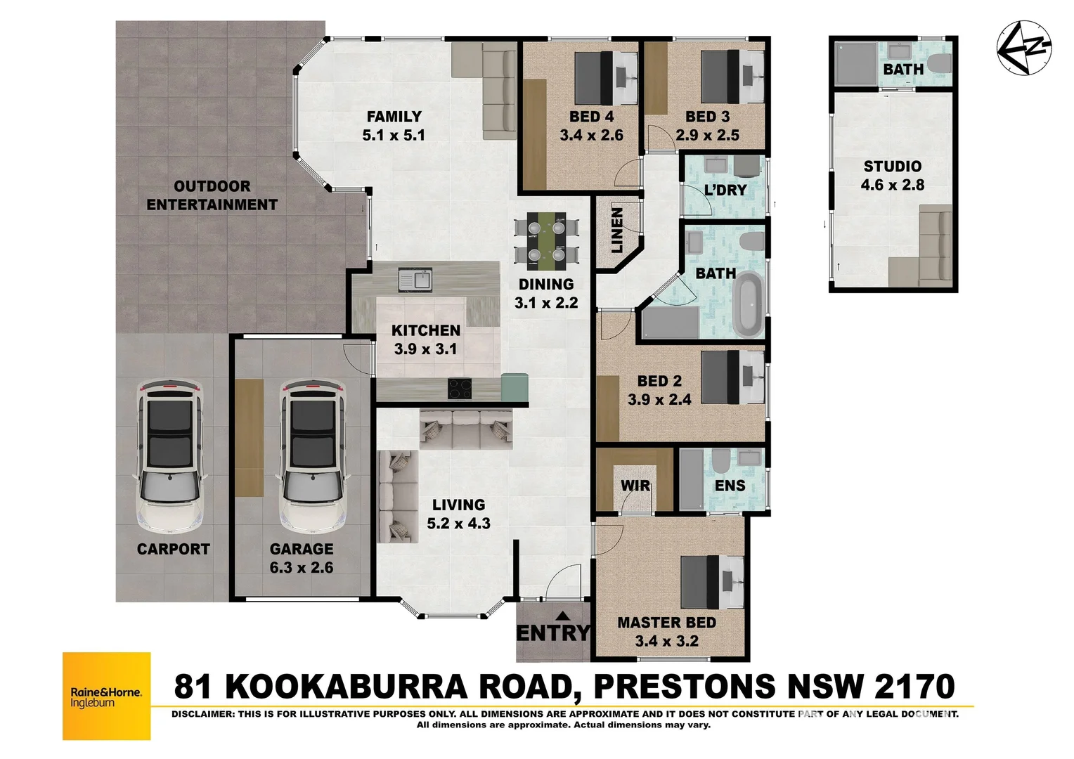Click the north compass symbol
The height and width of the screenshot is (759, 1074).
(x=1024, y=46)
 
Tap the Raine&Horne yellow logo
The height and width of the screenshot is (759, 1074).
(x=107, y=696)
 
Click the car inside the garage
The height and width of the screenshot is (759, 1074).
(x=313, y=457)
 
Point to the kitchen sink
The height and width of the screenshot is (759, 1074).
(x=415, y=279)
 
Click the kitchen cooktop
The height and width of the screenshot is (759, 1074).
(x=460, y=388)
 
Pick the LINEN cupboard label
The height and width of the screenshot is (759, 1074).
(x=617, y=230)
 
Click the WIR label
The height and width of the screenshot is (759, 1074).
(x=635, y=486)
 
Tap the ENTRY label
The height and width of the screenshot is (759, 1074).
(x=553, y=633)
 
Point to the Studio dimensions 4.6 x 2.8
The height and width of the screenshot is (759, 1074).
(x=892, y=185)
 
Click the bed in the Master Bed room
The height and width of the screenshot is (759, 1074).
(x=711, y=582)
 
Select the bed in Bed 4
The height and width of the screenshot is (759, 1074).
(x=604, y=77)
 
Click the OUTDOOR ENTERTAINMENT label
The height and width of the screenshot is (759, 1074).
(x=212, y=195)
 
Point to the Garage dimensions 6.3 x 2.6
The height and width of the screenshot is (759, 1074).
(x=302, y=567)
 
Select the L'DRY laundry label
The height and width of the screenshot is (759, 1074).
(x=725, y=190)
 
